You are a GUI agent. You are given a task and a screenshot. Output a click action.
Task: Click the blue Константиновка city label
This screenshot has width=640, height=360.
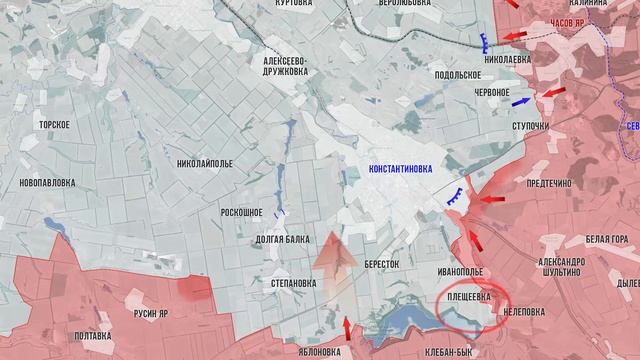400,170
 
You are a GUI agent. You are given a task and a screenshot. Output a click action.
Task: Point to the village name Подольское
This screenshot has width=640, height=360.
459,75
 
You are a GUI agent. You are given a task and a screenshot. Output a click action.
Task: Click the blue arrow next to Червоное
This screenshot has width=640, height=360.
520,101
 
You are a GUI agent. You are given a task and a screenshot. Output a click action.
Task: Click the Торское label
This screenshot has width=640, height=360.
52,124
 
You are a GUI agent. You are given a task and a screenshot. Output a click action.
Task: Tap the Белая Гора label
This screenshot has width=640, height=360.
607,239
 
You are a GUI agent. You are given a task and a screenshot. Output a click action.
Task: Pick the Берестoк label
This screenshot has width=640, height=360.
381,264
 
